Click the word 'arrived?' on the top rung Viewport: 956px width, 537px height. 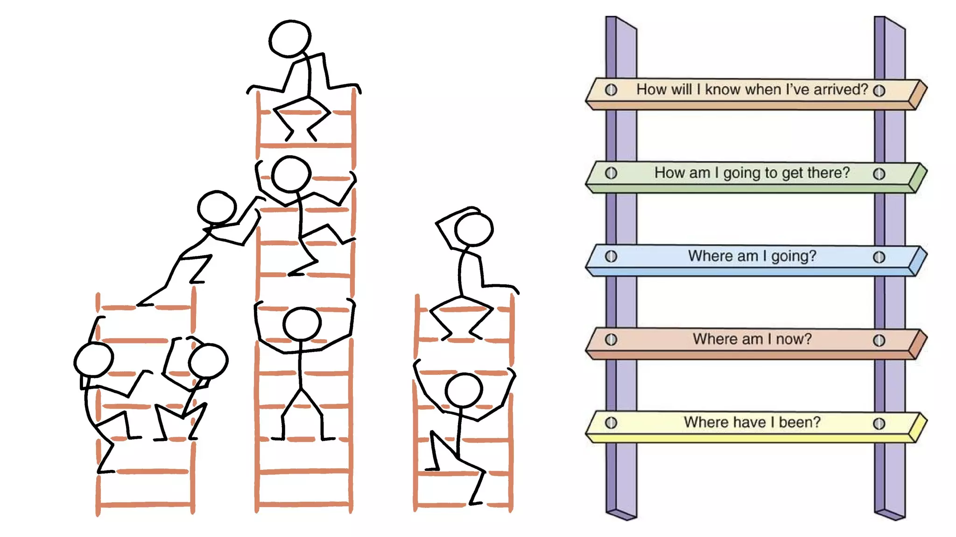(841, 89)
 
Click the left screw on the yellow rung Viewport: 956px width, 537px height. (611, 423)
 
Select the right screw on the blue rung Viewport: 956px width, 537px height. (879, 257)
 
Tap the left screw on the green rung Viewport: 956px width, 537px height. (611, 173)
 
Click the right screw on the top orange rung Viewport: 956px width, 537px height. (879, 90)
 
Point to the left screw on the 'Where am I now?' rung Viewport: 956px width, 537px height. (611, 339)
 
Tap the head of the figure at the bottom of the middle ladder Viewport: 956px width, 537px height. (302, 324)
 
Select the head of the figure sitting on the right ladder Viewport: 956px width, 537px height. (474, 229)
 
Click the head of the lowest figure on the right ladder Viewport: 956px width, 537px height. (464, 390)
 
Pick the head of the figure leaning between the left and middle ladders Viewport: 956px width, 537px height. (217, 207)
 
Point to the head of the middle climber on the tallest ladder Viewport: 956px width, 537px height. (291, 174)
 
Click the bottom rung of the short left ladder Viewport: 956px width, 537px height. (145, 504)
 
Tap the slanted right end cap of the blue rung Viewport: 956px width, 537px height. (918, 261)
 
